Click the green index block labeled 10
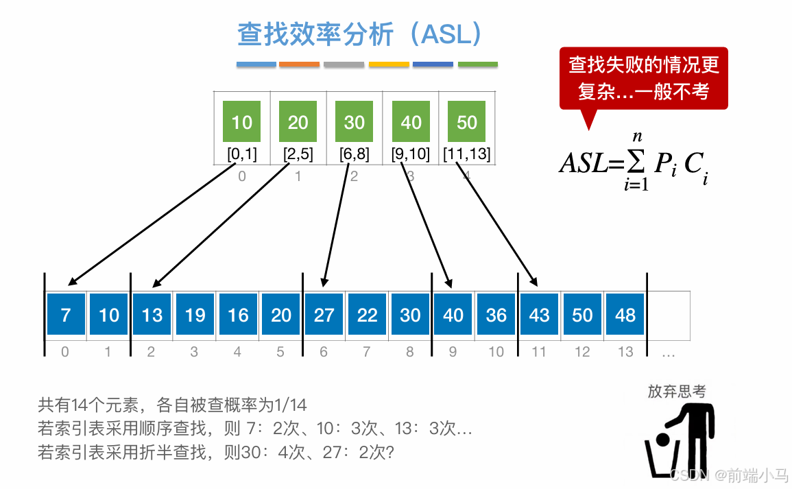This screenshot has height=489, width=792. tap(241, 121)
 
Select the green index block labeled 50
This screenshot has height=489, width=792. tap(466, 121)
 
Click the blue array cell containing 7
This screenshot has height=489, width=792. tap(66, 315)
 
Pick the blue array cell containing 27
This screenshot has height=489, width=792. tap(324, 315)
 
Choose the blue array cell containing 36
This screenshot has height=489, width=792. tap(496, 315)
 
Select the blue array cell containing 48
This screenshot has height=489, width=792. tap(625, 315)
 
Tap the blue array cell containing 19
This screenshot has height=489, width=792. tap(195, 315)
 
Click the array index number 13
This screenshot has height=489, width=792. tap(625, 353)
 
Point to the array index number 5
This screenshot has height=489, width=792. tap(280, 353)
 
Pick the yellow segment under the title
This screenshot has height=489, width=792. tap(389, 64)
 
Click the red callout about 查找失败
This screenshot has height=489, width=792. tap(643, 77)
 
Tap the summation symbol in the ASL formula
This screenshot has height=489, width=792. tap(637, 163)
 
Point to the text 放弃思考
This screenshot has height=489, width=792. tap(676, 392)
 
